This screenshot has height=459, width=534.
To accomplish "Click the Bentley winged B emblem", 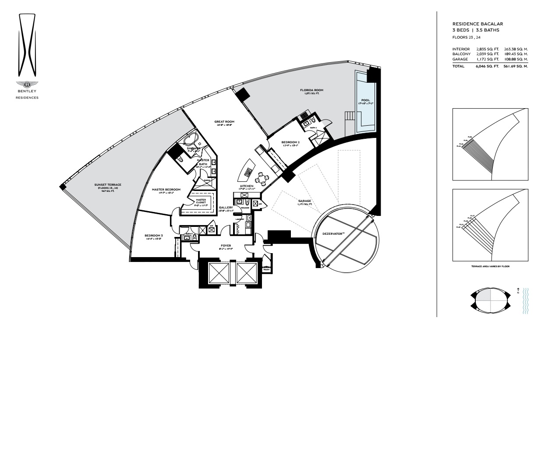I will click(27, 84).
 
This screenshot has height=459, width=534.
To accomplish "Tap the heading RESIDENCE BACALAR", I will click(477, 24).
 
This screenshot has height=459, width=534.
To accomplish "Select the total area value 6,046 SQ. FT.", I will click(487, 66).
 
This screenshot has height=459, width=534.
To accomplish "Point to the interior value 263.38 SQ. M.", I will click(516, 49).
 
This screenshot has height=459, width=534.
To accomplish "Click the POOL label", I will click(366, 100).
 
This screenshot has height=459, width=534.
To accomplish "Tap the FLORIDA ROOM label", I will click(311, 90).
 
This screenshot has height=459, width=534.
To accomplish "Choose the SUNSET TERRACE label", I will click(107, 185).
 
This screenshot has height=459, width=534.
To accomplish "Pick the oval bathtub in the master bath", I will click(191, 141).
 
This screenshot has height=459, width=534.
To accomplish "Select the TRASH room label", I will click(266, 269).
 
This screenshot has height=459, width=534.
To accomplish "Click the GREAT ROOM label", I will click(224, 122).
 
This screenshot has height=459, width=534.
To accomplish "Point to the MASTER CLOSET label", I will click(201, 201).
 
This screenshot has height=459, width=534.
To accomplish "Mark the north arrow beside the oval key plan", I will click(518, 290).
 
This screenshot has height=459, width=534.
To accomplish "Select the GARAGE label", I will click(304, 201).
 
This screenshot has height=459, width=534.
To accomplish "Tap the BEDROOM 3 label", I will click(153, 236).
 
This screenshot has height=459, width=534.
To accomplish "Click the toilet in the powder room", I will click(248, 202).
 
